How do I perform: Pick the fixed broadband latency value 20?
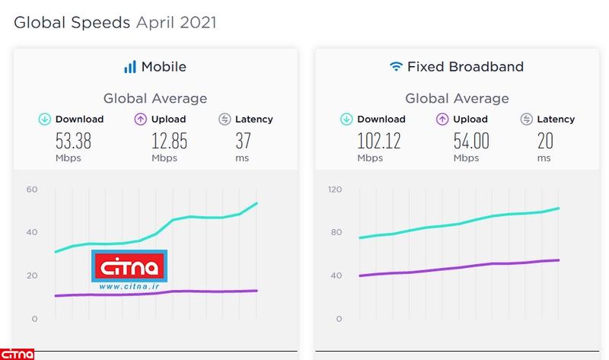[545, 141]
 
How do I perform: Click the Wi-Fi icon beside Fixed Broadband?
[395, 67]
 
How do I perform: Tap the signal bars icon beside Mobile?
[130, 67]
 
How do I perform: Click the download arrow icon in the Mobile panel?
[45, 119]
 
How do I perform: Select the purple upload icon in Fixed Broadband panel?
[442, 119]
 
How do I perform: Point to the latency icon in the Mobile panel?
[224, 119]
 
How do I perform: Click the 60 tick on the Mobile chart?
[32, 190]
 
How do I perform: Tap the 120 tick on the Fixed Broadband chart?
[335, 190]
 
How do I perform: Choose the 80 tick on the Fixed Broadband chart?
[336, 232]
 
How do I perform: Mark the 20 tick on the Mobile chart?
[32, 276]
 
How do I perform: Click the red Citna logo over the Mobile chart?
[129, 267]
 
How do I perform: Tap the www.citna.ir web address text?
[129, 288]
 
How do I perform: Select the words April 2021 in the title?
[176, 23]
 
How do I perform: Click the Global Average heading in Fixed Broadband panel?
[457, 98]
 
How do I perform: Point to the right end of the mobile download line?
[257, 203]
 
